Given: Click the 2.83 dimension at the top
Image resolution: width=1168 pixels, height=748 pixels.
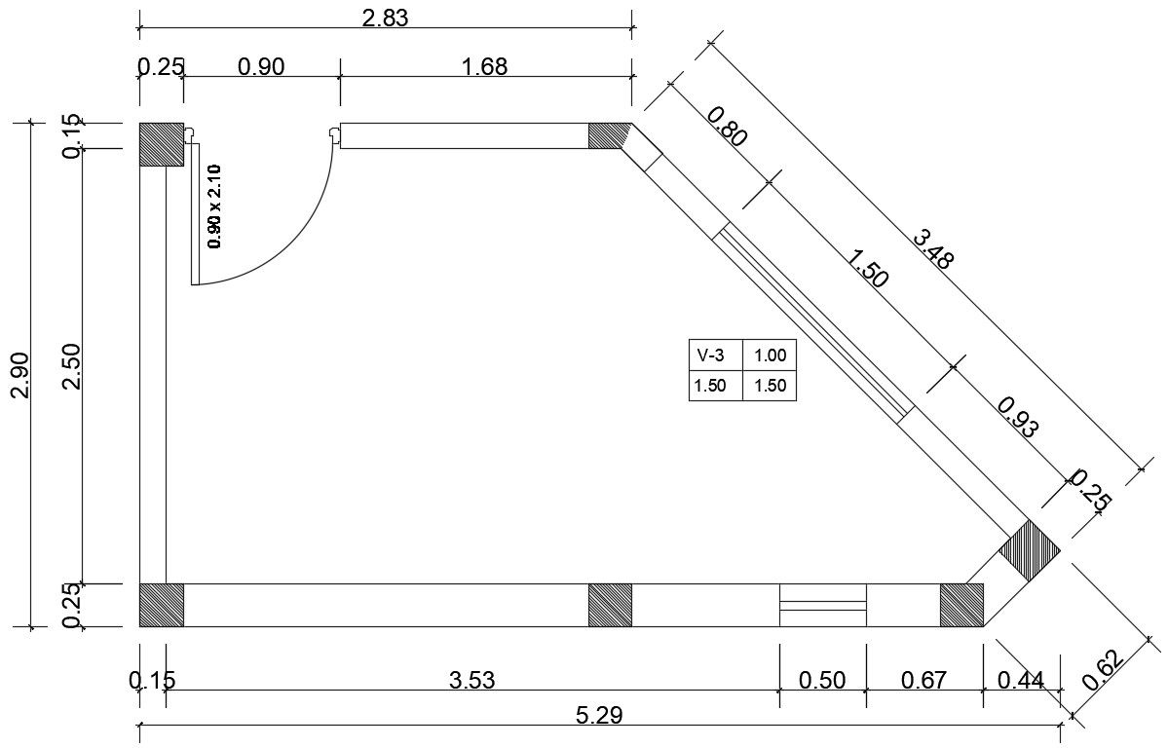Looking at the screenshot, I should coord(385,17).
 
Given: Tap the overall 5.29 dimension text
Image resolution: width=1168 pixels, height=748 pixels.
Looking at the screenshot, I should coord(600,716).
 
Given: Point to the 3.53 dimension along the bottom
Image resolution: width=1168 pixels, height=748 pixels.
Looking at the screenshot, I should coord(471,680).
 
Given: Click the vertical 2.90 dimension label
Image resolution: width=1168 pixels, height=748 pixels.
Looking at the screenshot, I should coord(20,375).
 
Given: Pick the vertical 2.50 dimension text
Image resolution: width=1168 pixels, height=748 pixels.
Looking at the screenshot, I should coord(72,365).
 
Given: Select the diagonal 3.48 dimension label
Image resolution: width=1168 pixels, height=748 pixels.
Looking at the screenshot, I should coord(932,248).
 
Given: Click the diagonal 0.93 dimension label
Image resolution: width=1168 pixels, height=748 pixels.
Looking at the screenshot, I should coord(1017,415).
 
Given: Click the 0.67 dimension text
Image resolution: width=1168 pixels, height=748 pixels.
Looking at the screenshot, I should coord(923,680).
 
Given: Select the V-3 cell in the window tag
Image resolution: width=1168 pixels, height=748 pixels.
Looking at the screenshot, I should coord(714,356).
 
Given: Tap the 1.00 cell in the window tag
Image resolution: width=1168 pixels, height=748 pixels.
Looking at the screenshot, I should coord(770,356).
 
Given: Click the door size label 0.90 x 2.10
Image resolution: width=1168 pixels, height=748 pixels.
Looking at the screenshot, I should coord(215,206).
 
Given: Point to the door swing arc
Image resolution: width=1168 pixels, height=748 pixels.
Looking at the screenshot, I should coord(304,247).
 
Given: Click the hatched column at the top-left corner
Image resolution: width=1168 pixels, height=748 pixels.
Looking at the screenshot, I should coord(161,144).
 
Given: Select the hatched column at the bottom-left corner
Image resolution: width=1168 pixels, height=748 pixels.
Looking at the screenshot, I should coord(161,605).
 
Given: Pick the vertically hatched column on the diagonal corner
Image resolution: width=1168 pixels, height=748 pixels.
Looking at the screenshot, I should coord(1030,550).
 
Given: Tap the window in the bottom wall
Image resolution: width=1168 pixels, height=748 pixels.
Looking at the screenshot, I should coord(822,605).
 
